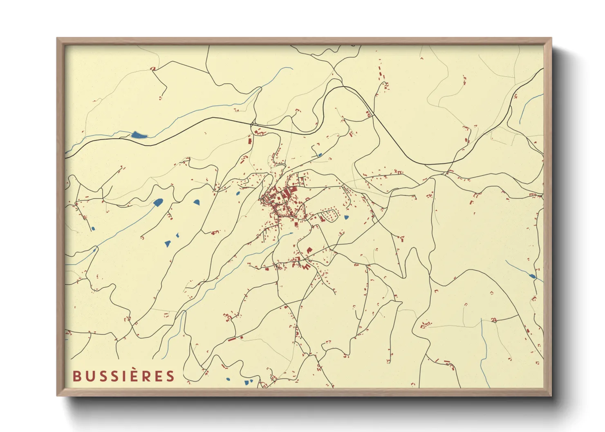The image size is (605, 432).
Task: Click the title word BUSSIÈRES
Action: pyautogui.click(x=123, y=376)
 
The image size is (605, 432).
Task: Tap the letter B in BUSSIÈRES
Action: pyautogui.click(x=76, y=376)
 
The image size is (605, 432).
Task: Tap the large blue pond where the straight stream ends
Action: pyautogui.click(x=158, y=202)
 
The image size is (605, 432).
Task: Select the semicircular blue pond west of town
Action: pyautogui.click(x=197, y=202)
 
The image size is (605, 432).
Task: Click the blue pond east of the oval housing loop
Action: pyautogui.click(x=347, y=218)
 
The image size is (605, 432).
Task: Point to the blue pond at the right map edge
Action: pyautogui.click(x=532, y=276)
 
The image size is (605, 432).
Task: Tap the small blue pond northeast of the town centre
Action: pyautogui.click(x=320, y=155)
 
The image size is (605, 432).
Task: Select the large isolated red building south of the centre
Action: pyautogui.click(x=309, y=249)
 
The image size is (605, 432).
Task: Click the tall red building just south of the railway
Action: pyautogui.click(x=250, y=140)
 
